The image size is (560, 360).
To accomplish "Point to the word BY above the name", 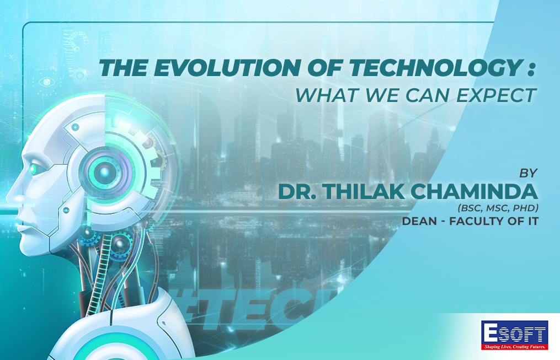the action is tap(528, 173).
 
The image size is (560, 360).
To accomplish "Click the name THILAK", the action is tap(364, 192).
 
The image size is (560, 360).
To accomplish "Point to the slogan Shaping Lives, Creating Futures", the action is tap(515, 346).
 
